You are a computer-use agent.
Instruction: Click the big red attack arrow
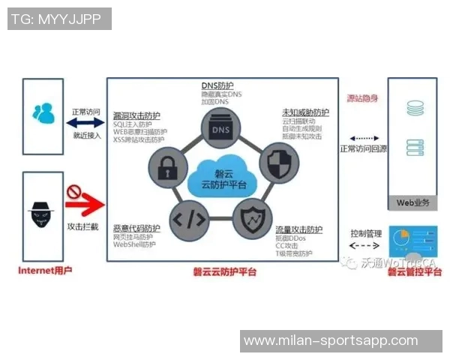click(84, 202)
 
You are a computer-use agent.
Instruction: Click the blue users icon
click(43, 113)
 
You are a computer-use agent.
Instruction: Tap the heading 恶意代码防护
click(136, 228)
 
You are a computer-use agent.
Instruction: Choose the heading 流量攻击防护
click(299, 229)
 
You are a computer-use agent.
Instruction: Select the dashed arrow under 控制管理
click(365, 245)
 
